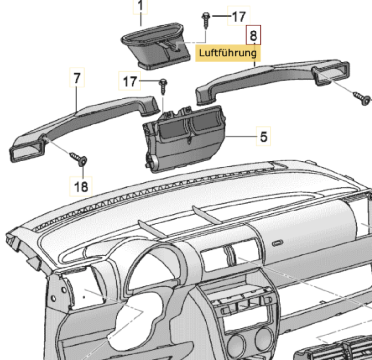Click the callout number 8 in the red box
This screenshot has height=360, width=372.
pyautogui.click(x=253, y=35)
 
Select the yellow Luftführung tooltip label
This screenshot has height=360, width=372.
pyautogui.click(x=228, y=53)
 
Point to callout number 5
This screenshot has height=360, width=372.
pyautogui.click(x=263, y=136)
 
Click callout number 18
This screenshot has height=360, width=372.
pyautogui.click(x=81, y=186)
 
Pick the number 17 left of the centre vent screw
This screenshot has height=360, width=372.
pyautogui.click(x=130, y=81)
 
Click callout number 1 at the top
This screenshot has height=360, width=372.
pyautogui.click(x=140, y=6)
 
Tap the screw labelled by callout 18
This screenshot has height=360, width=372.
pyautogui.click(x=79, y=159)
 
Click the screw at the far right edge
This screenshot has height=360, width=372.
pyautogui.click(x=362, y=99)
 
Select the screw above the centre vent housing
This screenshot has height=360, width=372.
pyautogui.click(x=163, y=87)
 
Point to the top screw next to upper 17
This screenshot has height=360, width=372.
pyautogui.click(x=205, y=21)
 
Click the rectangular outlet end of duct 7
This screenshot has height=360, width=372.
pyautogui.click(x=27, y=151)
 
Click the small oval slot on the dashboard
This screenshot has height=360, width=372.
pyautogui.click(x=277, y=243)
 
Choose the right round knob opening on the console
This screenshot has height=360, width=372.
pyautogui.click(x=264, y=337)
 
